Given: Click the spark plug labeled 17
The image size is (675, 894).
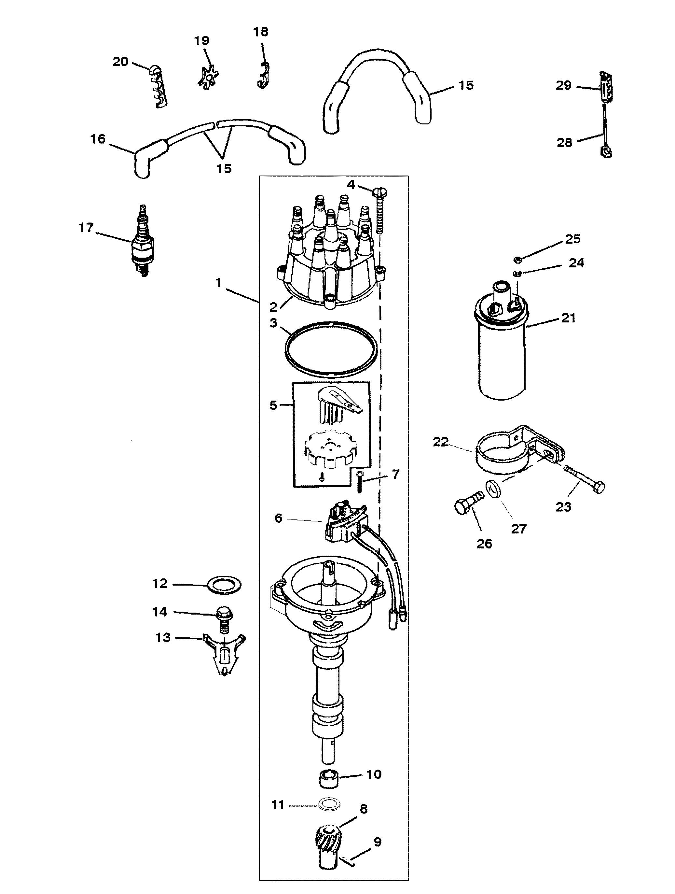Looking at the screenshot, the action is [141, 241].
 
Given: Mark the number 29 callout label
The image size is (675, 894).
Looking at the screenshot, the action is [563, 85].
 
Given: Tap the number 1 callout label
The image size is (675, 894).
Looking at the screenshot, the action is [218, 282].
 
